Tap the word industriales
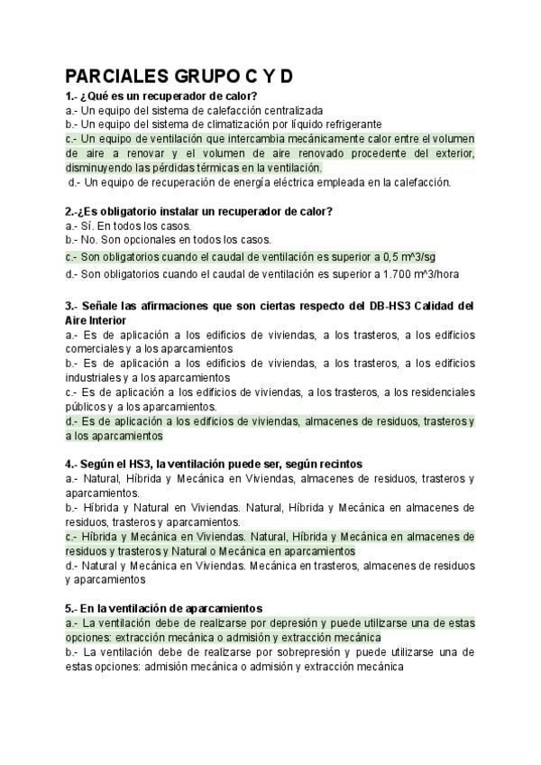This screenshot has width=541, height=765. click(x=96, y=377)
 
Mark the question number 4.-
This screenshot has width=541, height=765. click(x=75, y=464)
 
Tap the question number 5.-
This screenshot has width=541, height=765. click(x=75, y=609)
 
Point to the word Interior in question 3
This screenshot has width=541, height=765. click(x=105, y=319)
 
